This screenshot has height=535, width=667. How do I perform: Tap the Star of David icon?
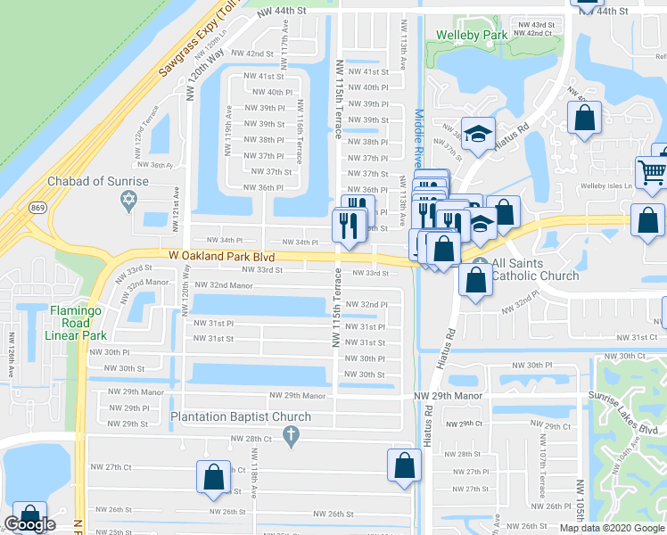(x=129, y=200)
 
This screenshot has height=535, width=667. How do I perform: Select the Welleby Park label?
(x=472, y=36)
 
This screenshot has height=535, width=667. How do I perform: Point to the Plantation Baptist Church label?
(x=241, y=416)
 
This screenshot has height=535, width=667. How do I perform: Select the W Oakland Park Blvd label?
(x=221, y=255)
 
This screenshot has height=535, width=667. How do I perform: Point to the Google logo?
(x=30, y=525)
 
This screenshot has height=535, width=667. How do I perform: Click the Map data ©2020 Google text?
(x=613, y=529)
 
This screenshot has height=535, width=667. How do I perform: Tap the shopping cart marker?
(x=652, y=173)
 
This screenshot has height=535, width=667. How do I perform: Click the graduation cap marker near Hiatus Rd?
(x=478, y=134)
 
